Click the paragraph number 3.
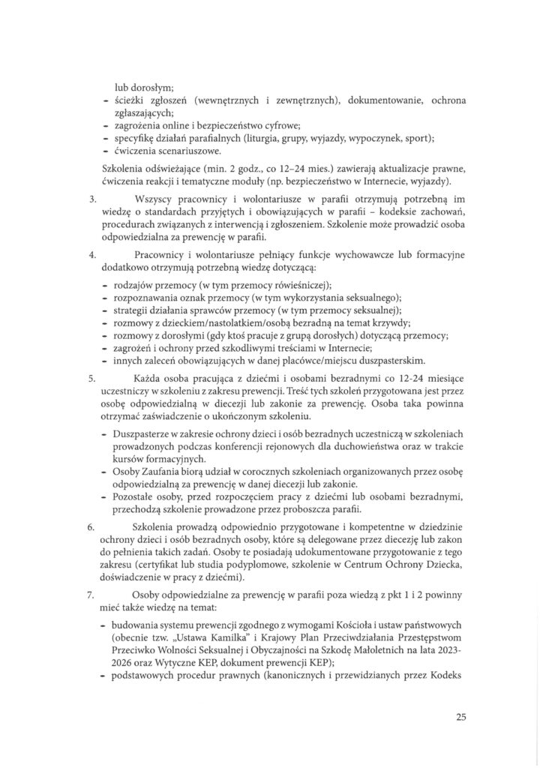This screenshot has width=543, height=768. [91, 199]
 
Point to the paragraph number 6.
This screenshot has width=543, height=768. [91, 529]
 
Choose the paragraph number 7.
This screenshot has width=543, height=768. [91, 595]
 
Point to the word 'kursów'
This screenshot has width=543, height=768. [129, 458]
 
